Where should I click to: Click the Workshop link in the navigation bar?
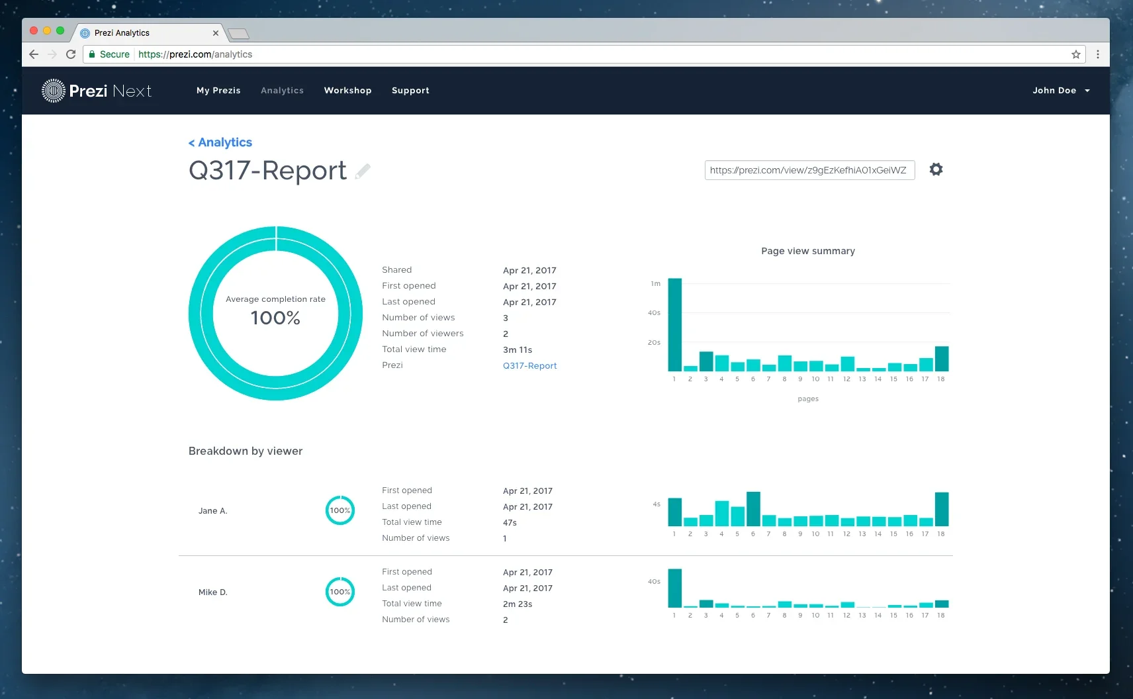tap(347, 91)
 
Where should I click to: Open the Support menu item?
tap(410, 91)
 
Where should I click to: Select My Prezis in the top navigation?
tap(218, 91)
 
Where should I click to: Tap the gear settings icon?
tap(936, 169)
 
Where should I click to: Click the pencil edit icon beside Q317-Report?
tap(363, 171)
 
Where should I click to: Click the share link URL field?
tap(809, 170)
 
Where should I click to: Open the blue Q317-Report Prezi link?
tap(529, 365)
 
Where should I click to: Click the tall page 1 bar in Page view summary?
tap(674, 324)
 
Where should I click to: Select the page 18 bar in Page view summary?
tap(941, 359)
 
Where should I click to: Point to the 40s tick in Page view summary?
tap(654, 312)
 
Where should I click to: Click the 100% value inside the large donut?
tap(275, 318)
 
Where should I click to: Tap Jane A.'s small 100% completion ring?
tap(340, 510)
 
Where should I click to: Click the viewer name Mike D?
tap(213, 592)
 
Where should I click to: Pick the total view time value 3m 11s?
tap(518, 349)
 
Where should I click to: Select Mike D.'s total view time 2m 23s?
tap(518, 604)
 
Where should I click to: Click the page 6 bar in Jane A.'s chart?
tap(753, 508)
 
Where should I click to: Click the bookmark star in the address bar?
tap(1075, 54)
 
